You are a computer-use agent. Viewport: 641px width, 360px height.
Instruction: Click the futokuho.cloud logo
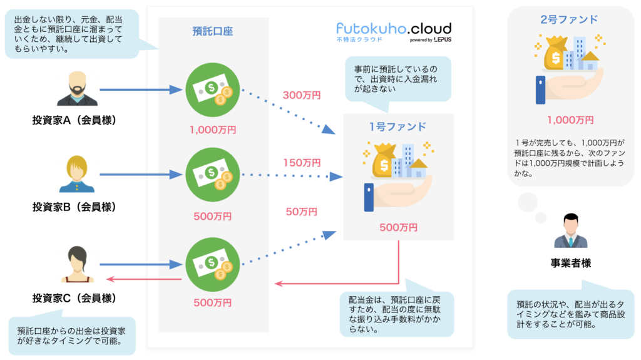tap(393, 31)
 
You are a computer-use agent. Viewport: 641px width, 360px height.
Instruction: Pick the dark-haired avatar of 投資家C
tap(76, 264)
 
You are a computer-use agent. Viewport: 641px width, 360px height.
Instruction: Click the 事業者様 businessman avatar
tap(570, 230)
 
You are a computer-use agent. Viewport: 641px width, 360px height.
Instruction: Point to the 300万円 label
tap(302, 96)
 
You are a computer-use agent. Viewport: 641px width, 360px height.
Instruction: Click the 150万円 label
tap(302, 163)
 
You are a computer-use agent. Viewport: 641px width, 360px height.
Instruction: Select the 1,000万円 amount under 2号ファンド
tap(570, 120)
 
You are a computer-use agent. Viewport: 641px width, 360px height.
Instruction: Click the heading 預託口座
tap(213, 32)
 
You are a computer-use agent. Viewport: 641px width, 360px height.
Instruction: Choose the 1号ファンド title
tap(397, 126)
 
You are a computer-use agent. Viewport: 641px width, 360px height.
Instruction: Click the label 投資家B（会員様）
tap(76, 207)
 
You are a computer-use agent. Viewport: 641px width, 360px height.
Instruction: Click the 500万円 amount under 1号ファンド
tap(399, 227)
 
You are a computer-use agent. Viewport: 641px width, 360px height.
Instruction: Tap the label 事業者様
tap(570, 263)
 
